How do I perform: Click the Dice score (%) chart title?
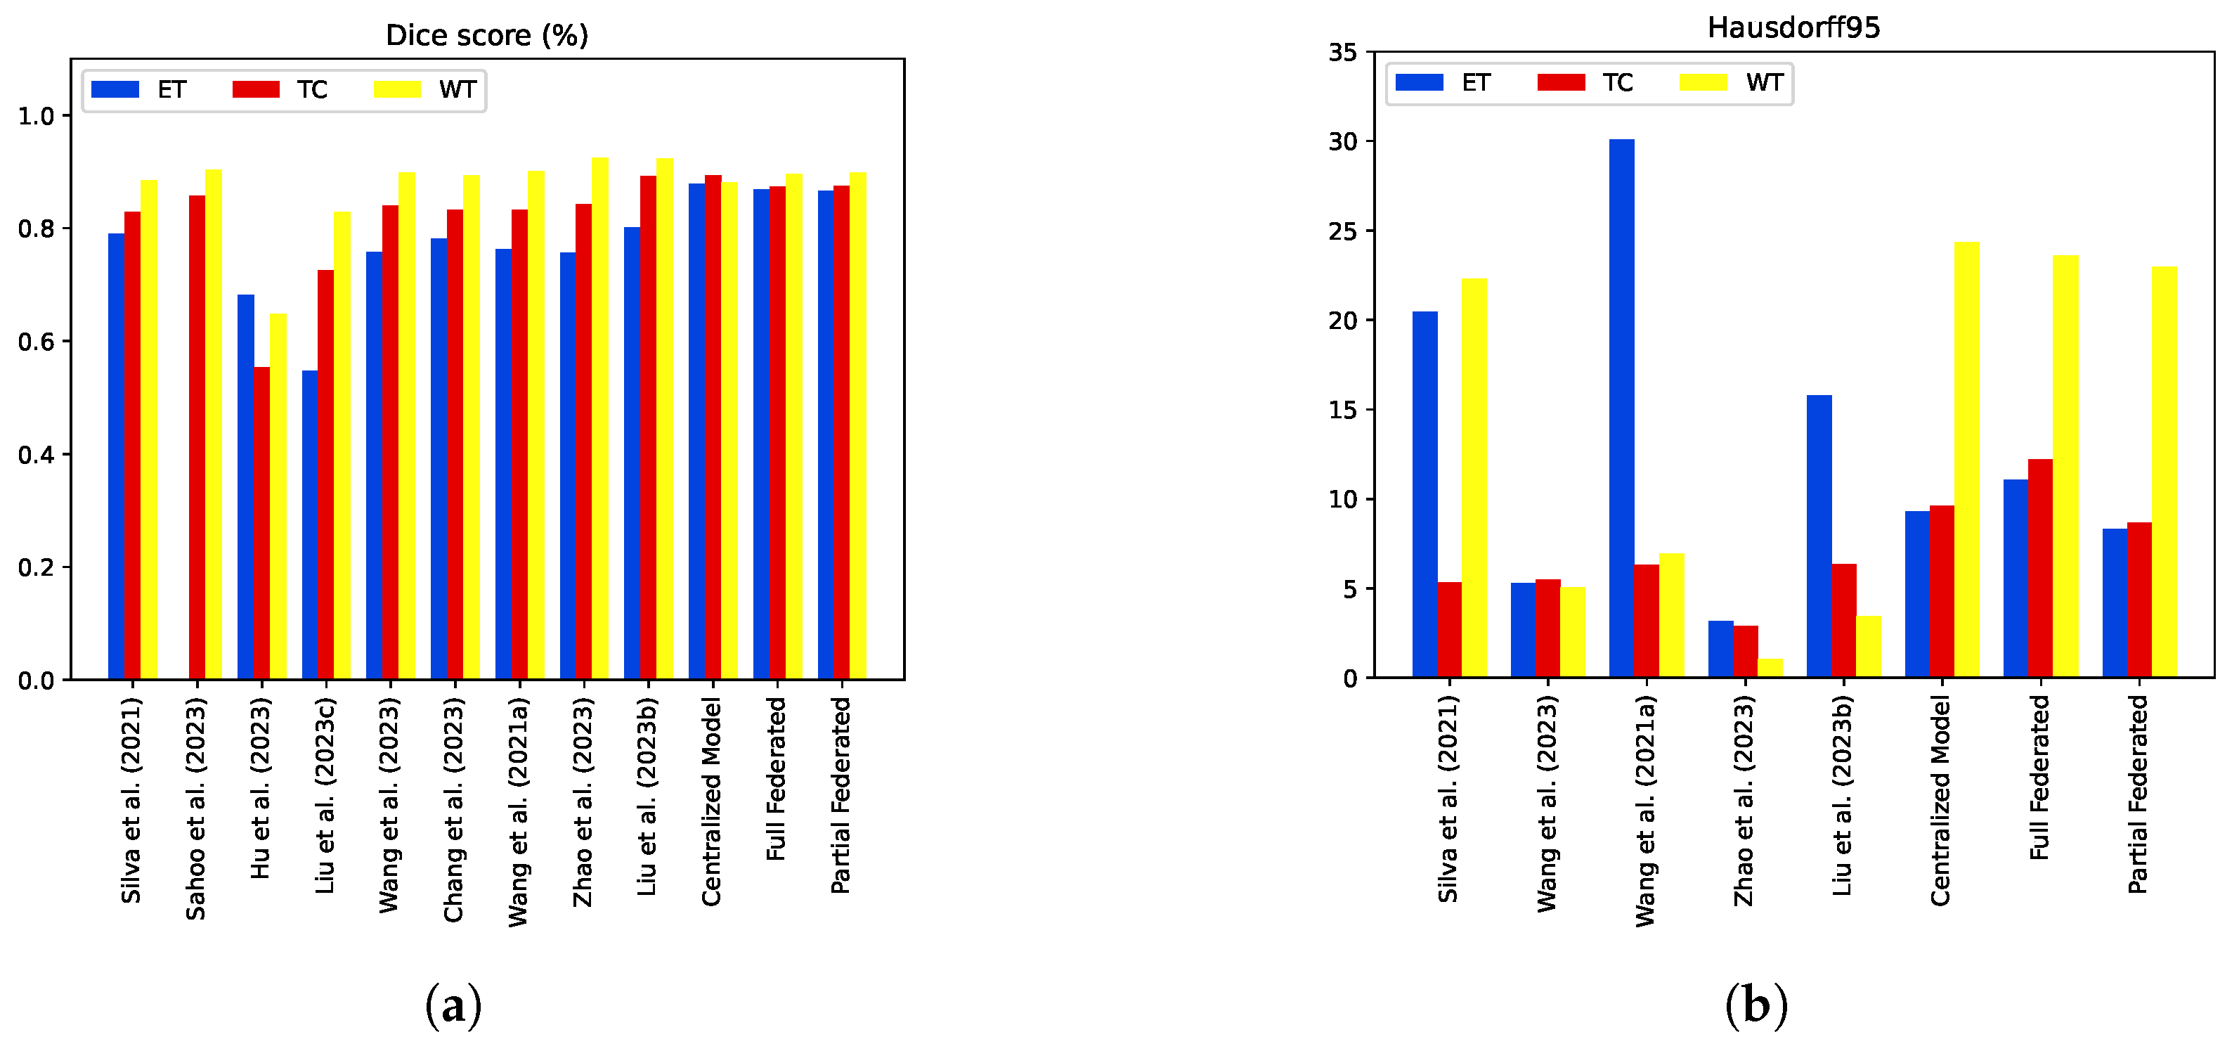[x=487, y=36]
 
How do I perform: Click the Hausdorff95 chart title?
[x=1793, y=28]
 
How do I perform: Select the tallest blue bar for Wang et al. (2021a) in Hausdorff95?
[x=1621, y=408]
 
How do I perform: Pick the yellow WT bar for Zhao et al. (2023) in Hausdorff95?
[x=1770, y=668]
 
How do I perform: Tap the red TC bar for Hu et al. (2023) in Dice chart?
[x=261, y=522]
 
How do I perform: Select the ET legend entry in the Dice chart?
[x=139, y=89]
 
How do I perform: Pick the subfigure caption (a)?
[x=453, y=1006]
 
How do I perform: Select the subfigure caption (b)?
[x=1755, y=1006]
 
